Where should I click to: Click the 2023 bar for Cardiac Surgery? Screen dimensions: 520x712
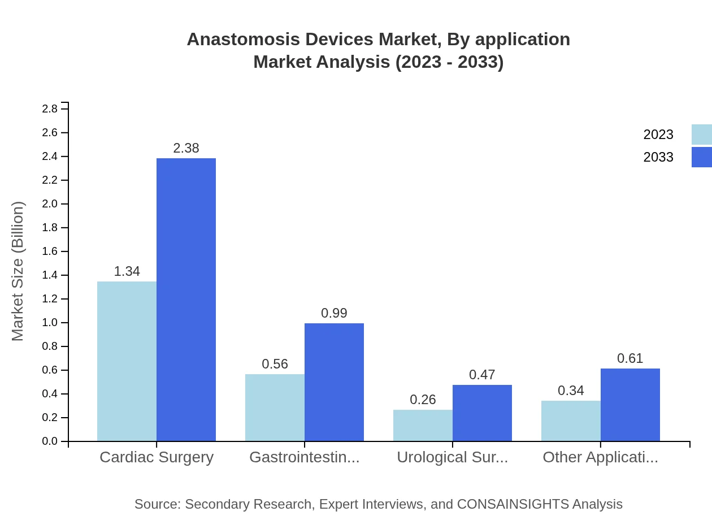click(127, 361)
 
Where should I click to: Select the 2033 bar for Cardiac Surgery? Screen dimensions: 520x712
click(186, 300)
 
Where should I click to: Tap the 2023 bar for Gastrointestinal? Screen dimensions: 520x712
click(275, 408)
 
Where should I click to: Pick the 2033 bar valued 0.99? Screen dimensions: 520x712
click(334, 382)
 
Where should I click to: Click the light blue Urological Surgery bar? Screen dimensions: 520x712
click(423, 425)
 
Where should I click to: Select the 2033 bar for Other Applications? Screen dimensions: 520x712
click(630, 405)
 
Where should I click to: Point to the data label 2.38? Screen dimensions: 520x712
click(186, 148)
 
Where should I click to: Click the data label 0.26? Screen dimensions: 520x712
click(423, 400)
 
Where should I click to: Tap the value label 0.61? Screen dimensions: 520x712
click(630, 358)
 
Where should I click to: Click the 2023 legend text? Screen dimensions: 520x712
click(658, 135)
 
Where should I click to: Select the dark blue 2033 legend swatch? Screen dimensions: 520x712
click(701, 157)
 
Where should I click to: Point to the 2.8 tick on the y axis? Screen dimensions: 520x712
click(50, 109)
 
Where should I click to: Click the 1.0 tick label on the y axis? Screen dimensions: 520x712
click(50, 323)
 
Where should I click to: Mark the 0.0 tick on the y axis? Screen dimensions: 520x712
click(50, 441)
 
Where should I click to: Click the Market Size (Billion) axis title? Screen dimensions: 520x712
click(18, 271)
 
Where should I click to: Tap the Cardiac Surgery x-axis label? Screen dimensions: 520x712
click(157, 457)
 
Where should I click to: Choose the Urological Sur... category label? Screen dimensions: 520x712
click(452, 457)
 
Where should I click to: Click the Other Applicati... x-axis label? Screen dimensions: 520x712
click(600, 457)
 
